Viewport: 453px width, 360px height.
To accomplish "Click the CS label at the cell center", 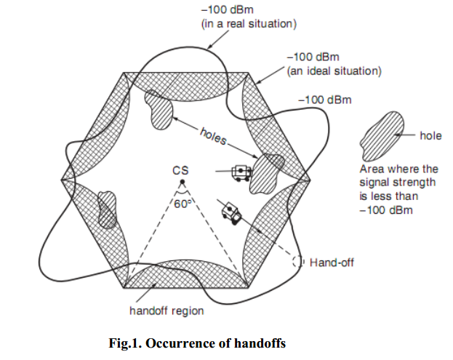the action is coord(180,170).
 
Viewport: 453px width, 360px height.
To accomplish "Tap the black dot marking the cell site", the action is coord(183,182).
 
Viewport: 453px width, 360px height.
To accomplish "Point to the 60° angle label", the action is coord(183,204).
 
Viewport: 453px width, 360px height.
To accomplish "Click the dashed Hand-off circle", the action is coord(298,262).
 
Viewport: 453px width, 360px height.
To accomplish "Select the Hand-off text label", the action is coord(332,263).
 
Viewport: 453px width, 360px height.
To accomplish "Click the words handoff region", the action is coord(167,311).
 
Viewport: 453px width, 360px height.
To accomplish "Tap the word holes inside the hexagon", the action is coord(213,136).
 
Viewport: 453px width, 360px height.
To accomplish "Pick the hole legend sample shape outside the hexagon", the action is coord(382,136).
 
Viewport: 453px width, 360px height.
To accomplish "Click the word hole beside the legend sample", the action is coord(430,135).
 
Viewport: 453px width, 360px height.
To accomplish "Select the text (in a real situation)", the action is coord(249,24).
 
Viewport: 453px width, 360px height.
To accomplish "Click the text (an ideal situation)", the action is coord(334,71).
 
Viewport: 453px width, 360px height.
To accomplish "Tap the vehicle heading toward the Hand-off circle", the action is coord(231,213).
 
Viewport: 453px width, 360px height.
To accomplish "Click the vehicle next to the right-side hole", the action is coord(241,173).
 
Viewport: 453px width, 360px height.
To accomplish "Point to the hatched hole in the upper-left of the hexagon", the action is coord(159,110).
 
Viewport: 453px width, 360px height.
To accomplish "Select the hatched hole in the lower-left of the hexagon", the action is coord(107,209).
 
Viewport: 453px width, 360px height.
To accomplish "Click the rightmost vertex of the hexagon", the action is coord(310,180).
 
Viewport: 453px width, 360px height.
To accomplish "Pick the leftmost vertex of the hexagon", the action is coord(61,180).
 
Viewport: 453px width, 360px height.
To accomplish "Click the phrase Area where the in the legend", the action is coord(399,169).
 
